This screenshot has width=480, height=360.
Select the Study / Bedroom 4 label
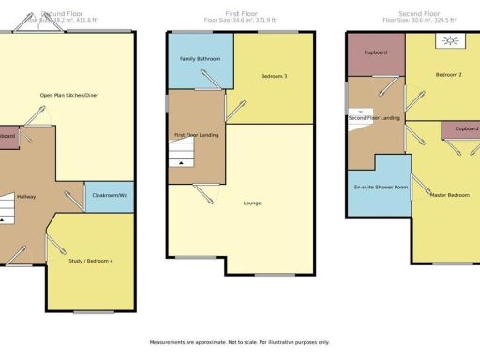coord(91,260)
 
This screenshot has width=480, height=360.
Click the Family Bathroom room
coord(200,59)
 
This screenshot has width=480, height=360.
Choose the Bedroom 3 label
coord(274,75)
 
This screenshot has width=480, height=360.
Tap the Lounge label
coord(252,202)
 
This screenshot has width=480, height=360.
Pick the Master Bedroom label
coord(449,195)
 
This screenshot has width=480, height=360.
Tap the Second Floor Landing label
coord(374,118)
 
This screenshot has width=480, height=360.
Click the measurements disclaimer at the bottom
coord(239,342)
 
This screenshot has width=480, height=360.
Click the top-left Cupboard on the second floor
coord(376,53)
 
